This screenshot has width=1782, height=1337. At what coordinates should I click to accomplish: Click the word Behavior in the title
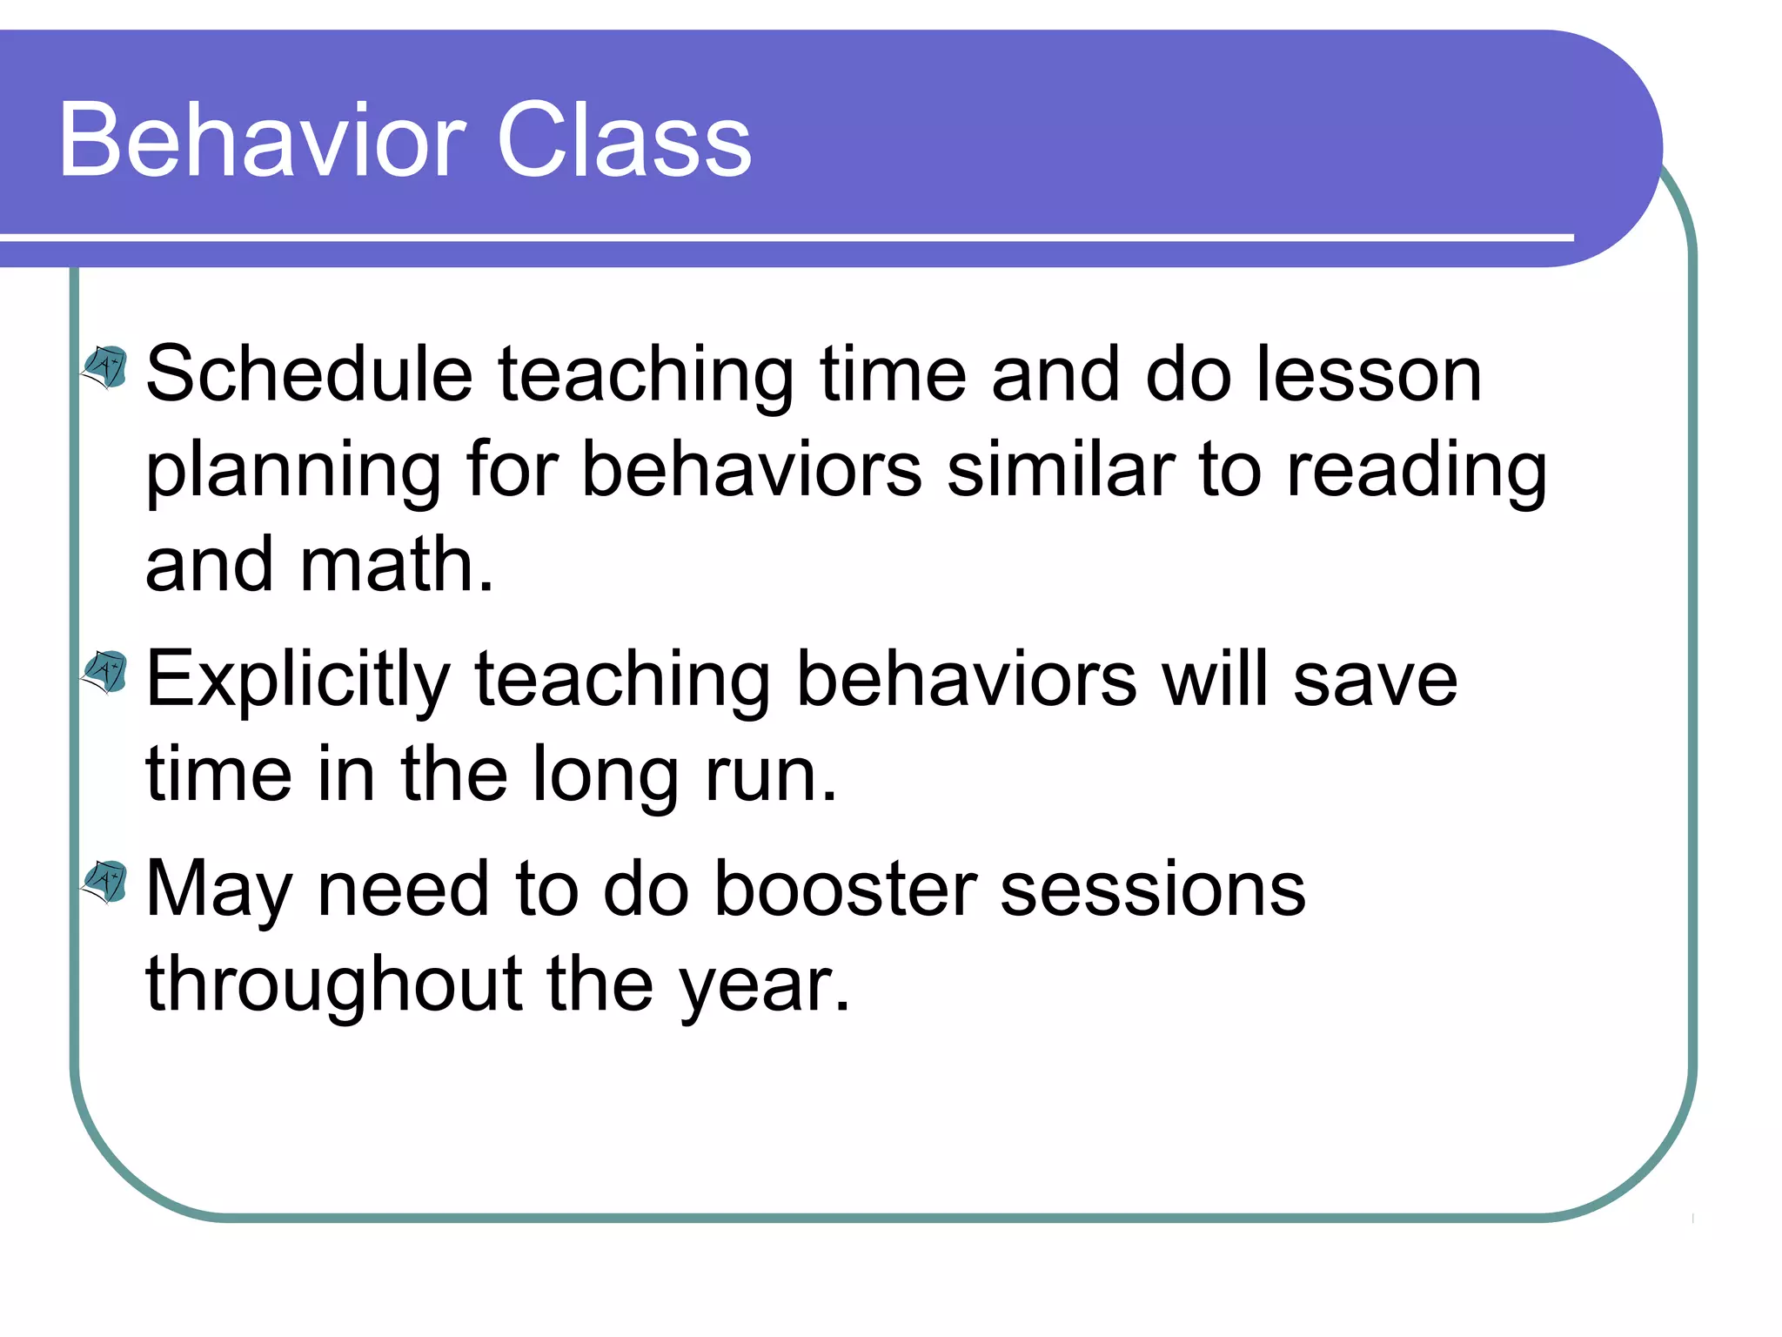[x=261, y=140]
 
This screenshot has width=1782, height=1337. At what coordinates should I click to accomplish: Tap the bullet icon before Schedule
[x=105, y=366]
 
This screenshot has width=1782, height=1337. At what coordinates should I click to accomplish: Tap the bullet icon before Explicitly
[x=105, y=671]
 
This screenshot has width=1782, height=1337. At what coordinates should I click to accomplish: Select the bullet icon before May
[x=105, y=881]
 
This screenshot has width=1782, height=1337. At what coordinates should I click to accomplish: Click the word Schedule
[x=309, y=374]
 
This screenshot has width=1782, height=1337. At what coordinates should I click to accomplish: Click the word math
[x=396, y=565]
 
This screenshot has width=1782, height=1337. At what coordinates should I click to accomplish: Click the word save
[x=1375, y=680]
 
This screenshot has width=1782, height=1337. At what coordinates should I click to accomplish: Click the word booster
[x=845, y=890]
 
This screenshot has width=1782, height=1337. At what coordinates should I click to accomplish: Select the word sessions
[x=1153, y=890]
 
